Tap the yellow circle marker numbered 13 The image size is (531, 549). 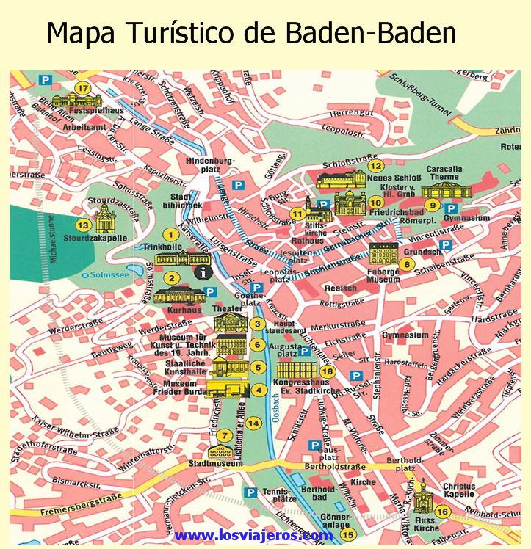pos(84,225)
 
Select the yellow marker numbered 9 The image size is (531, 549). pos(433,205)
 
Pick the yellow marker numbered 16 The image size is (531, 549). pos(441,512)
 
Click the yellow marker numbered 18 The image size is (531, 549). pos(328,372)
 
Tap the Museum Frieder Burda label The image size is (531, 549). pos(174,388)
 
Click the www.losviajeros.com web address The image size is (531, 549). pos(253,536)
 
